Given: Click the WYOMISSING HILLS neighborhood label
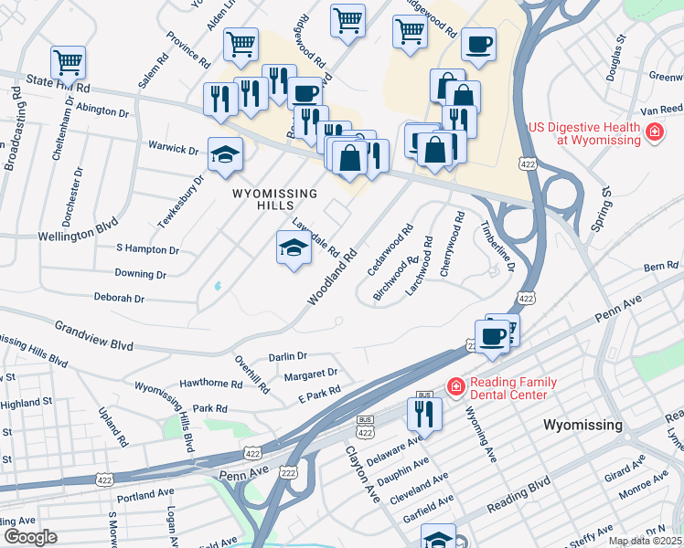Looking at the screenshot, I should click(x=274, y=200).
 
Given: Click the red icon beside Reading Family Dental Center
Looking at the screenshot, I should click(x=454, y=388).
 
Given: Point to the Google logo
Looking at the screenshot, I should click(x=30, y=536).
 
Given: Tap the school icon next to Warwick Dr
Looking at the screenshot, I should click(x=224, y=154).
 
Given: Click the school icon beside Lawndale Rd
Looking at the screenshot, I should click(x=293, y=248).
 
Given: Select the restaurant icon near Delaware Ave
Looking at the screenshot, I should click(x=423, y=412).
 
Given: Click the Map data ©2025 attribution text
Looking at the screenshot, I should click(x=645, y=541).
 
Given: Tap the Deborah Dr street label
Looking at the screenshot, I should click(x=119, y=298).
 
